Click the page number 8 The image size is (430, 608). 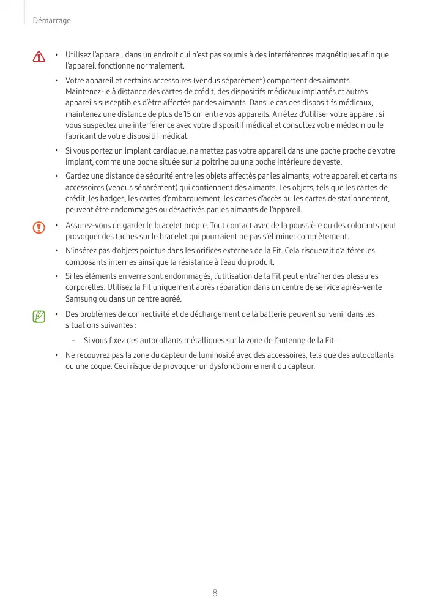pos(215,593)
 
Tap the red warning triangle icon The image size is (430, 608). pos(39,57)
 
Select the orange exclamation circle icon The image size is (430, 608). pos(39,228)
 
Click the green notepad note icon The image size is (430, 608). pos(39,316)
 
